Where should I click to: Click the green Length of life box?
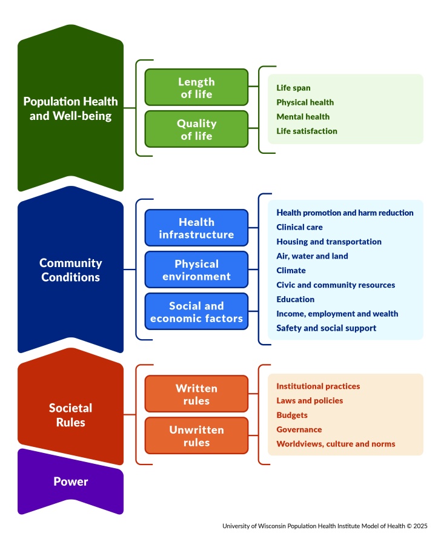coord(196,88)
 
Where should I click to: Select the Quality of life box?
coord(196,130)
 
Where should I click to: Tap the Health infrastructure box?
coord(196,228)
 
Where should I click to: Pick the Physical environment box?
coord(196,270)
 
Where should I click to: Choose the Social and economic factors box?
coord(196,312)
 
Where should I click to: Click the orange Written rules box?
coord(196,394)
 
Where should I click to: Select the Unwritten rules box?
coord(196,436)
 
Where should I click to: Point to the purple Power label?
coord(71,482)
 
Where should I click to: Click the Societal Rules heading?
coord(71,415)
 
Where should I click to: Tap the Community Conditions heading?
coord(71,270)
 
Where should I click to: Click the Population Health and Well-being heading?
coord(71,108)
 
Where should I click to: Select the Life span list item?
coord(293,88)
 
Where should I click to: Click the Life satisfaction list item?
coord(307,131)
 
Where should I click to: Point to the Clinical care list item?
coord(299,227)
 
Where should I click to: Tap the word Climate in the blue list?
coord(291,271)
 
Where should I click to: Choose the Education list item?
coord(295,299)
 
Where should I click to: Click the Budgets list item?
coord(292,415)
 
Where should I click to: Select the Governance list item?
coord(299,429)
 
